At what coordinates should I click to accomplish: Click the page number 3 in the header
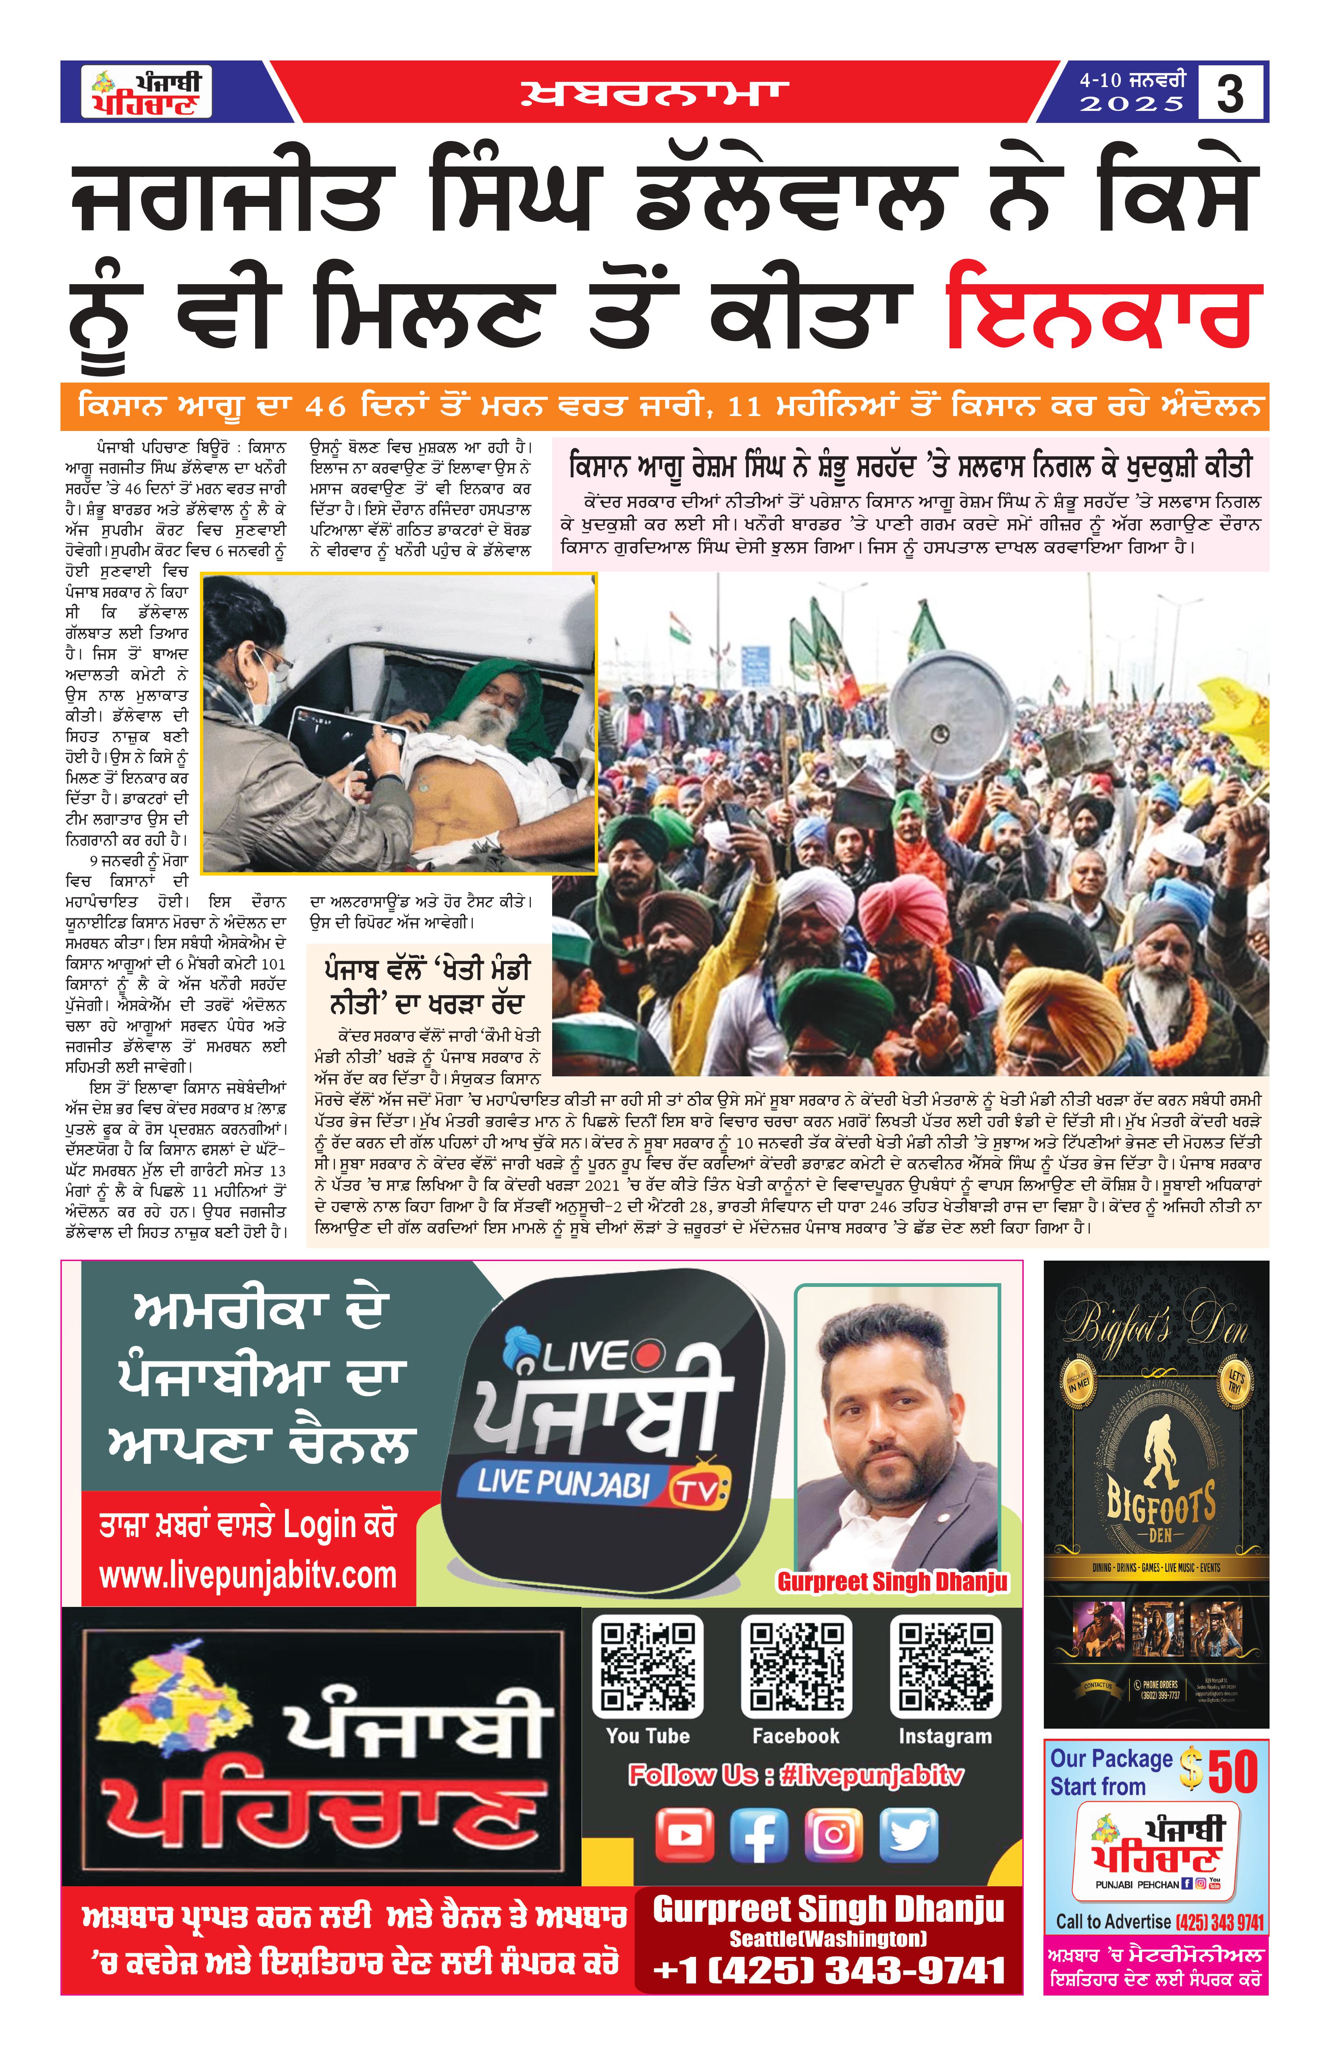[1230, 93]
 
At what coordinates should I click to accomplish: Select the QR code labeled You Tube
[648, 1667]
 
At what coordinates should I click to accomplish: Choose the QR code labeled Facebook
[796, 1667]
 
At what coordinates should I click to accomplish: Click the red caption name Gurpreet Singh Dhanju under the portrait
[892, 1582]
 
